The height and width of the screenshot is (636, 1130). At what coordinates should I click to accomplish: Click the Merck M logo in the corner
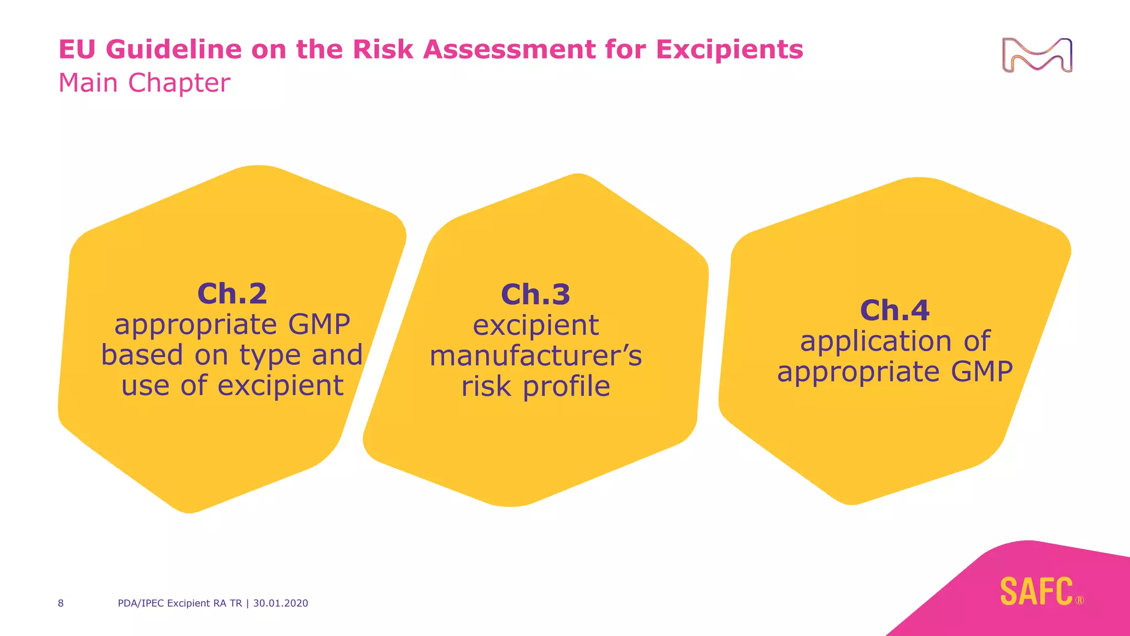(x=1037, y=55)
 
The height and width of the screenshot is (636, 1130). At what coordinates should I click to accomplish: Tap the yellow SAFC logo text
(x=1036, y=591)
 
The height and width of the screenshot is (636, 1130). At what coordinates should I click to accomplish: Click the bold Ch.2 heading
(x=232, y=293)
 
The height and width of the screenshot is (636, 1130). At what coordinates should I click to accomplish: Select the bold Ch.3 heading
(x=535, y=294)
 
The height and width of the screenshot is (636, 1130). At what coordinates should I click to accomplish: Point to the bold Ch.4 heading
(x=894, y=310)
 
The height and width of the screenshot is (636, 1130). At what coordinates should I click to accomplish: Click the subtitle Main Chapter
(x=144, y=83)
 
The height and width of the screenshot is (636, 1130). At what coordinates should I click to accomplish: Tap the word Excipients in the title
(x=729, y=49)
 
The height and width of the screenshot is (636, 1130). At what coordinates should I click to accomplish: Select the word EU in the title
(x=78, y=49)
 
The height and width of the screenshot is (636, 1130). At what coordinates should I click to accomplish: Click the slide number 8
(x=61, y=603)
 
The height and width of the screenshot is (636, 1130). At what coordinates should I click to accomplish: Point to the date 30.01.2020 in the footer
(x=280, y=603)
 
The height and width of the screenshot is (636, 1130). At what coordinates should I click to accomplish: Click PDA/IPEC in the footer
(x=141, y=603)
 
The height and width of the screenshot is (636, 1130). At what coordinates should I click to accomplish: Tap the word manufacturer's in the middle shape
(x=535, y=356)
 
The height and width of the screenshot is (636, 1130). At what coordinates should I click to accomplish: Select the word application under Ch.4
(x=876, y=341)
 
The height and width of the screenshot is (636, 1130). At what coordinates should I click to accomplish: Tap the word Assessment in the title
(x=509, y=49)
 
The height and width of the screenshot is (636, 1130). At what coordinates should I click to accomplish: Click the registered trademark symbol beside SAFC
(x=1079, y=600)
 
